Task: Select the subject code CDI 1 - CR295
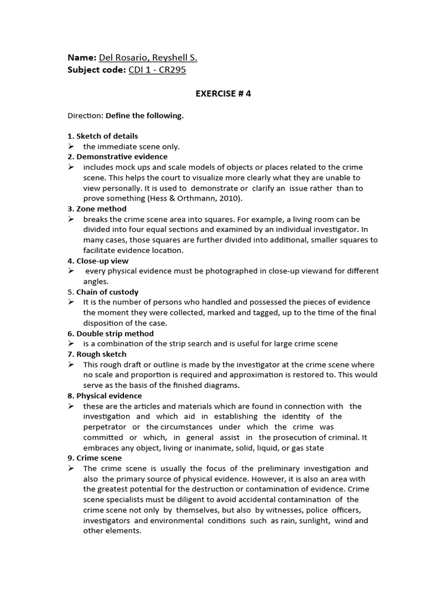pyautogui.click(x=157, y=70)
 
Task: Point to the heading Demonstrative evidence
pyautogui.click(x=121, y=157)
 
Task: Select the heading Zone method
pyautogui.click(x=101, y=209)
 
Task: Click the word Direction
pyautogui.click(x=84, y=115)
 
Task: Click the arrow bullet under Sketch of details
pyautogui.click(x=70, y=146)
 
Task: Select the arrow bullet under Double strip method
pyautogui.click(x=70, y=344)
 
